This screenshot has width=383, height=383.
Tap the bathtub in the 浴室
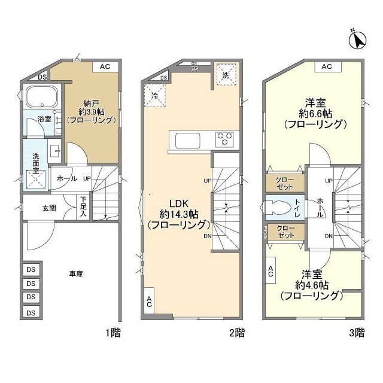click(41, 97)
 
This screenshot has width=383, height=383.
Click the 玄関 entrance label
click(49, 208)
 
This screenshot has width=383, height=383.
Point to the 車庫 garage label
click(76, 273)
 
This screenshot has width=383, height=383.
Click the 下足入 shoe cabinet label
click(84, 206)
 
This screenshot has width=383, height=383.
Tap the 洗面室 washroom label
click(35, 163)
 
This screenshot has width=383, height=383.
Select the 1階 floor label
click(113, 333)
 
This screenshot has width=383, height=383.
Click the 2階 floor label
click(235, 333)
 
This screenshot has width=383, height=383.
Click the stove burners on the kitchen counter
click(224, 139)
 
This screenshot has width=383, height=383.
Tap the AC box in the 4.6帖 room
click(270, 272)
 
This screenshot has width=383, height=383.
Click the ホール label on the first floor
click(66, 178)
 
